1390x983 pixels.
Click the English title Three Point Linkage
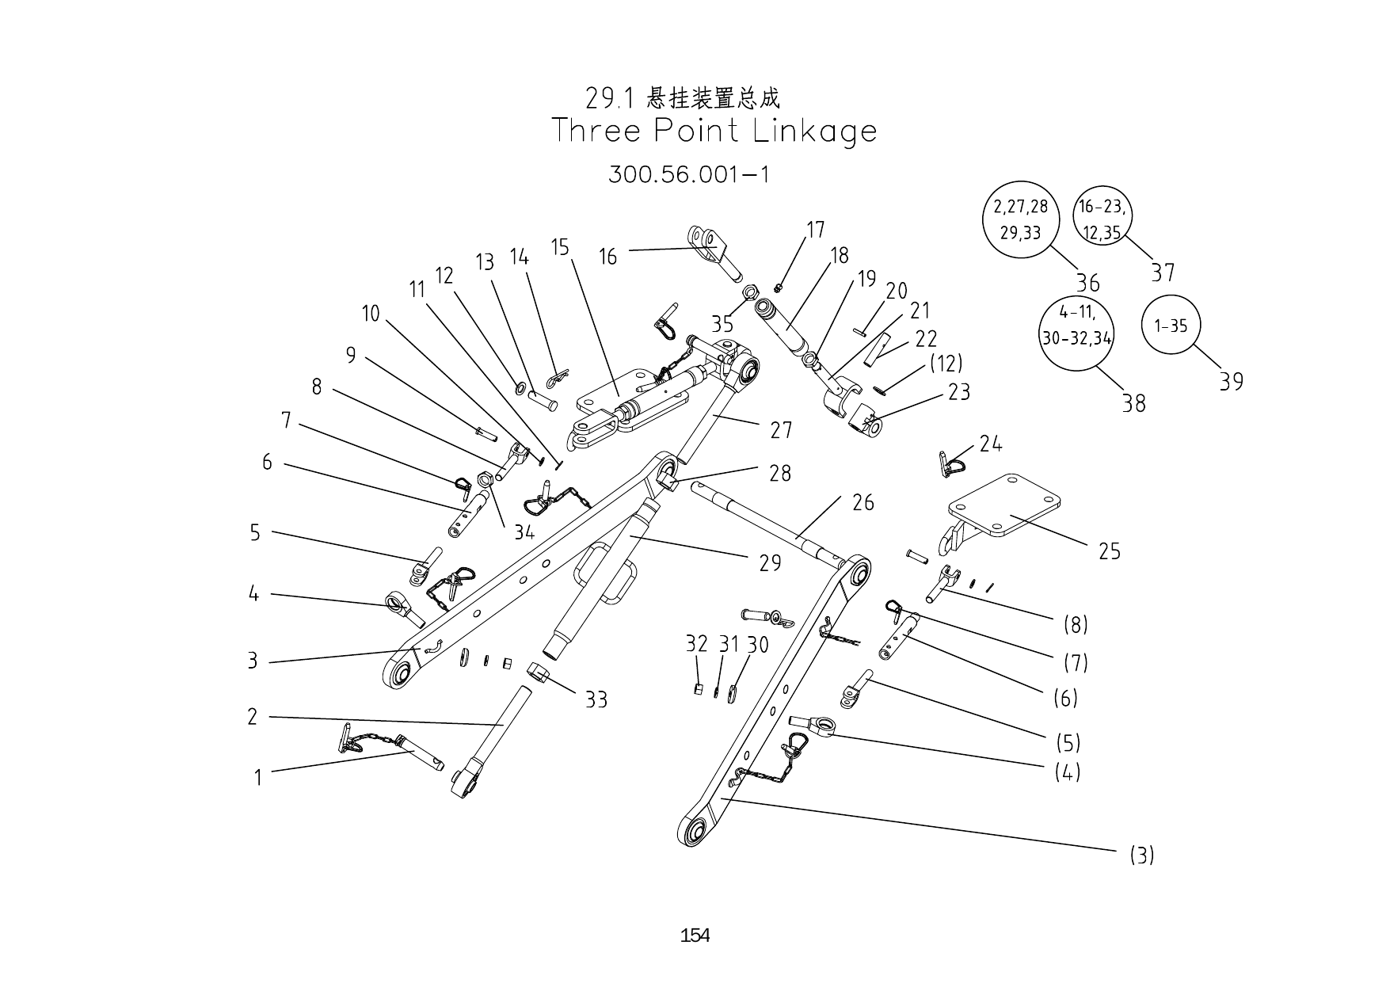714,131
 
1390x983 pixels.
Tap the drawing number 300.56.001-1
688,173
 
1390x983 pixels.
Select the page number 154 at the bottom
695,935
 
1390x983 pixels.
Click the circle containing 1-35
1171,326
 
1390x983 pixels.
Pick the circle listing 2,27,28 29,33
1021,219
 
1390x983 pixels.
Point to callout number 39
1231,382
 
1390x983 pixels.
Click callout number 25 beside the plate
1110,551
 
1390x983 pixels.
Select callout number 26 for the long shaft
863,502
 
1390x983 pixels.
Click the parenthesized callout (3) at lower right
1141,855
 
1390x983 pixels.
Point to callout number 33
596,699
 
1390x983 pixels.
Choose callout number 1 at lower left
257,778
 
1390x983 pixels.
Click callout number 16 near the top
607,257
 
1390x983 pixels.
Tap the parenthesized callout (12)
946,364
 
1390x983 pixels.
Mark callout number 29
770,562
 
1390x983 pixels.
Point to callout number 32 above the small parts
695,644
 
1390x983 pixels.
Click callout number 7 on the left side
286,420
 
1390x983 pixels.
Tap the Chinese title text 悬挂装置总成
713,98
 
